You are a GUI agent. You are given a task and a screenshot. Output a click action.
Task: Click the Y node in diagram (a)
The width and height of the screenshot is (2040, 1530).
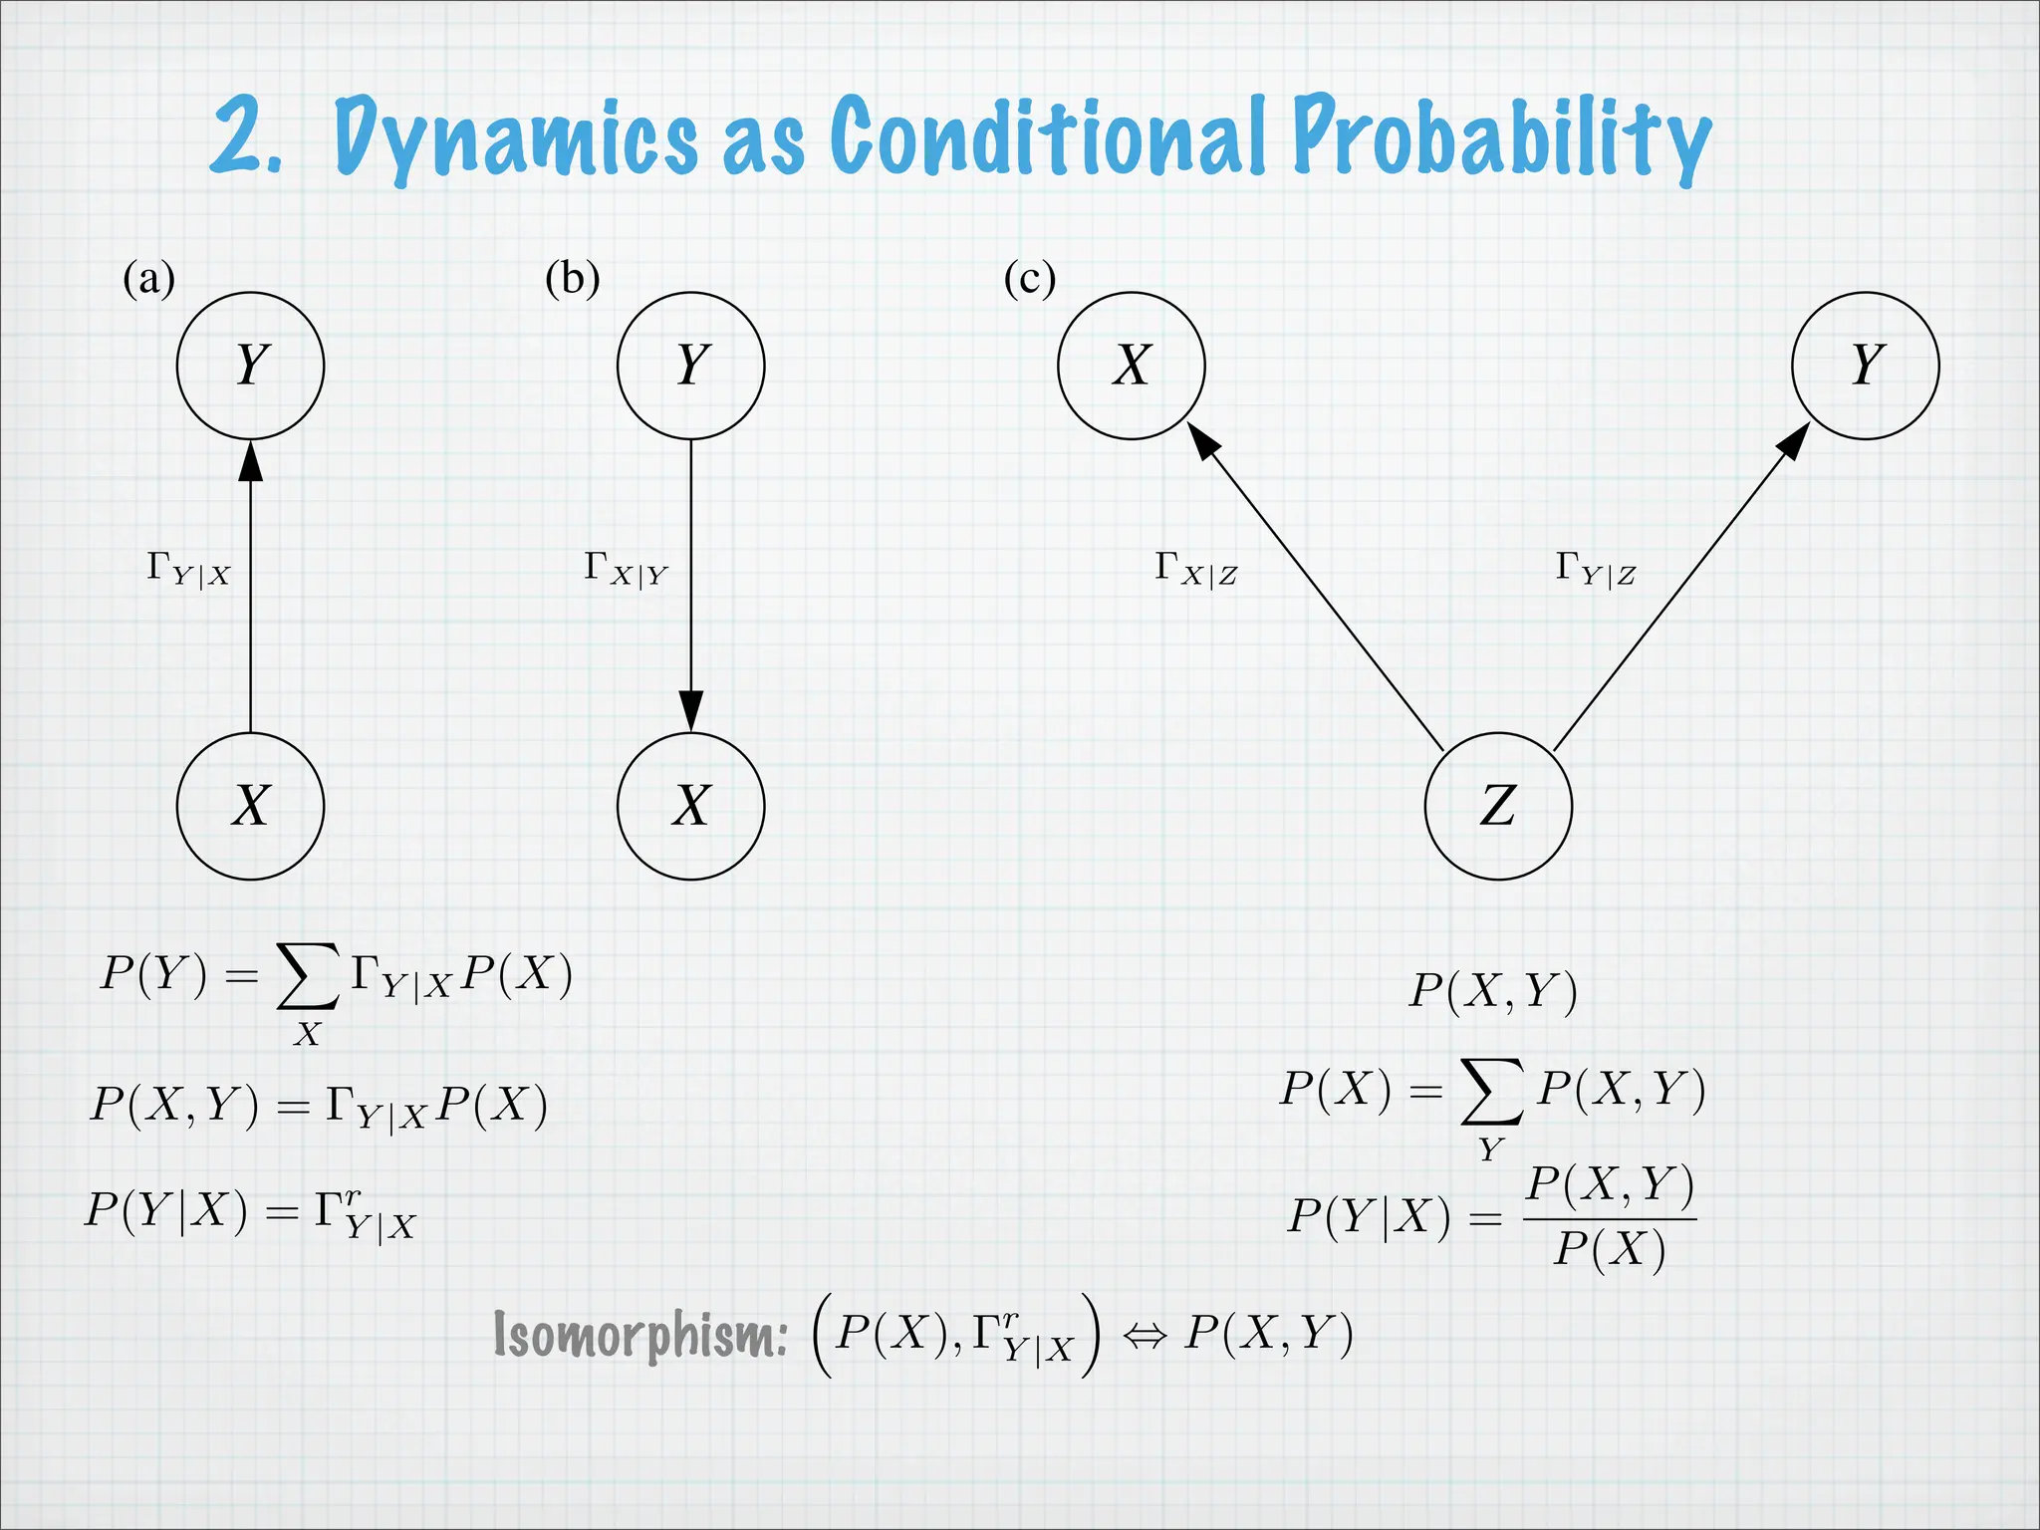[250, 366]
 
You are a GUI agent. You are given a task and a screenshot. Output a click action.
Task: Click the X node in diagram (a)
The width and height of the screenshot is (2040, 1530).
[250, 806]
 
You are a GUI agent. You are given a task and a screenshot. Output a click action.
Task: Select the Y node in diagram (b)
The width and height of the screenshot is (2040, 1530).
[690, 366]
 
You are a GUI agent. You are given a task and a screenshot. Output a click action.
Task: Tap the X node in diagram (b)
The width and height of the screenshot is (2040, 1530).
[690, 806]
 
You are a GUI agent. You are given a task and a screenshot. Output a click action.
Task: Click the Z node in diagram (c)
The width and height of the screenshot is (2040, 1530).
[1498, 806]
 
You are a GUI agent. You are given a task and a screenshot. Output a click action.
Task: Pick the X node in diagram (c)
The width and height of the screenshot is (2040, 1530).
[1131, 366]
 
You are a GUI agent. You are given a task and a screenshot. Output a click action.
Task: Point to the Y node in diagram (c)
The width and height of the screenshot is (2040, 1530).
[1865, 366]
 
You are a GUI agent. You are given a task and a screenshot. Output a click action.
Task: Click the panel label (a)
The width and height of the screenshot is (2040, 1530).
[148, 279]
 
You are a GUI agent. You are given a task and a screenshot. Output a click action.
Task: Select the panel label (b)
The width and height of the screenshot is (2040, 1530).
[572, 279]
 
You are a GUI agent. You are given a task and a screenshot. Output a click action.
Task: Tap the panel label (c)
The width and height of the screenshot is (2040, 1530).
[1029, 279]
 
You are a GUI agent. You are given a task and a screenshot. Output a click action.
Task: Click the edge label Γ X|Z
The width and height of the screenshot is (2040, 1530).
[1195, 570]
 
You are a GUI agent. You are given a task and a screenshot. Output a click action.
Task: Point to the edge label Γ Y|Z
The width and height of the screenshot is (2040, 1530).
[1595, 570]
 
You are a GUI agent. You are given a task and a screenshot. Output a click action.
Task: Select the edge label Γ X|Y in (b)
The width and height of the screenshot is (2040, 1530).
[626, 570]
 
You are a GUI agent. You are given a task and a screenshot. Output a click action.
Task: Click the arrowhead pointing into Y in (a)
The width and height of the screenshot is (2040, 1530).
[250, 462]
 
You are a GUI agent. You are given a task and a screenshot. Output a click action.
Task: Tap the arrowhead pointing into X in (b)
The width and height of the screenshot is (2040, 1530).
[690, 709]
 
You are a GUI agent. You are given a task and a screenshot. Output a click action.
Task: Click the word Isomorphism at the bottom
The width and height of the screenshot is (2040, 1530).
[639, 1335]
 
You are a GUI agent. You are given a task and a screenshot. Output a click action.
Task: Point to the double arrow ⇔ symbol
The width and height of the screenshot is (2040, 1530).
[1144, 1336]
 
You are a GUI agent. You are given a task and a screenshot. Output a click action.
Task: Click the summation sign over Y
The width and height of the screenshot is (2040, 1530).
[1491, 1091]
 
